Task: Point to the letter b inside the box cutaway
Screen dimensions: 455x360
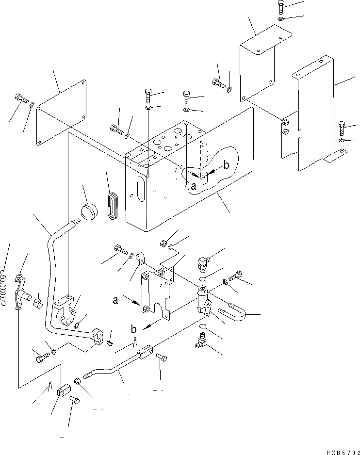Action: pyautogui.click(x=225, y=165)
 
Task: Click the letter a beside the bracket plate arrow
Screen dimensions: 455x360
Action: pyautogui.click(x=115, y=300)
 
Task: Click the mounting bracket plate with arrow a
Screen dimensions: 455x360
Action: pyautogui.click(x=156, y=293)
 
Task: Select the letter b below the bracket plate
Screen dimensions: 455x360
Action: pyautogui.click(x=134, y=329)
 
